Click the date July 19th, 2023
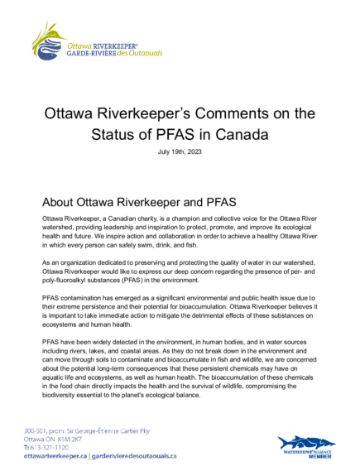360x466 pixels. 180,152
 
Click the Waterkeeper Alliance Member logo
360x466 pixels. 306,446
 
